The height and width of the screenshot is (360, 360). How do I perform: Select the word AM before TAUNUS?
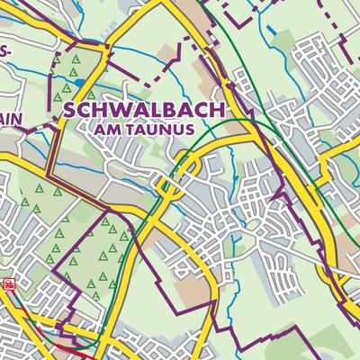[x=104, y=130]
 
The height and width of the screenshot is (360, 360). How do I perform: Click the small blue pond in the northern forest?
[x=81, y=82]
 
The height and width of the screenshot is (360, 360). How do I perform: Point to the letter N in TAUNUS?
[x=169, y=130]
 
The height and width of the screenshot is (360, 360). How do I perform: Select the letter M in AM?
[x=110, y=130]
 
